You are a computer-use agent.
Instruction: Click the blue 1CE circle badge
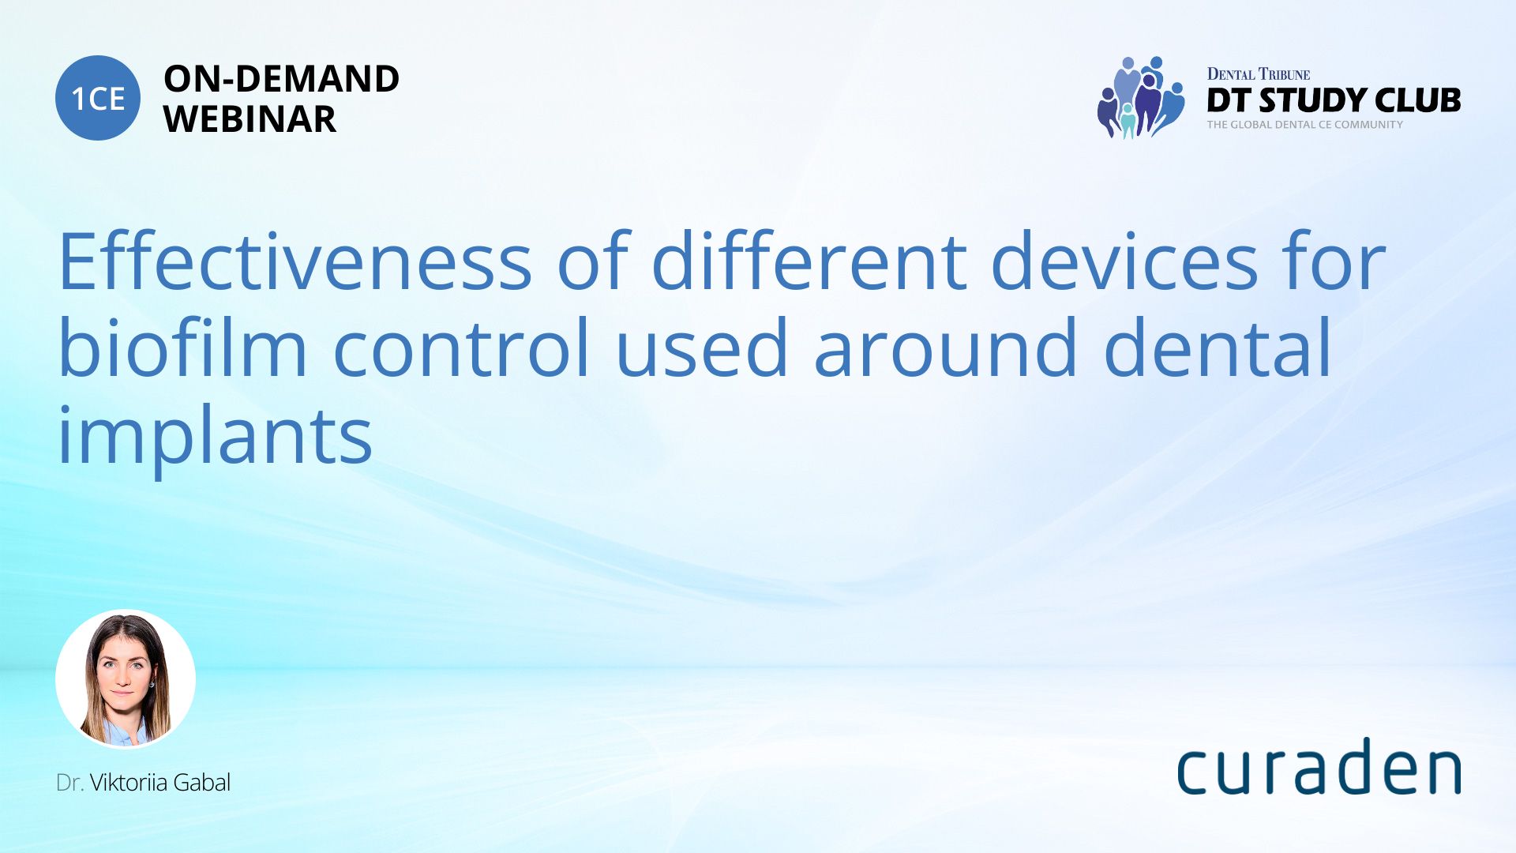(x=98, y=98)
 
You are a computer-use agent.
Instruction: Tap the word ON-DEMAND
(x=281, y=79)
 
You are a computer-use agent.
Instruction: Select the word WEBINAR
(x=250, y=119)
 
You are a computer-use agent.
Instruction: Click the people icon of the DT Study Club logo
(x=1140, y=97)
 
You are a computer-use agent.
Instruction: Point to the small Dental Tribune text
(x=1258, y=74)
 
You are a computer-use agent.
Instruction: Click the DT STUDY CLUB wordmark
(x=1334, y=100)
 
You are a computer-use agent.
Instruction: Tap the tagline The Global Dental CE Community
(x=1304, y=124)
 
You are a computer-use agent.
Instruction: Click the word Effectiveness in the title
(x=295, y=261)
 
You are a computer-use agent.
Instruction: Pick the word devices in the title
(x=1124, y=261)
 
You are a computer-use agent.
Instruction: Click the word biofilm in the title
(x=182, y=348)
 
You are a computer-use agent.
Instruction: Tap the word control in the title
(x=462, y=348)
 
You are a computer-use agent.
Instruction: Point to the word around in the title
(x=946, y=348)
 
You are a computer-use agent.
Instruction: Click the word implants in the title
(x=215, y=436)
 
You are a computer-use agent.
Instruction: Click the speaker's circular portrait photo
(x=126, y=679)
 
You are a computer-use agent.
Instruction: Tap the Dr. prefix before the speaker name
(x=69, y=783)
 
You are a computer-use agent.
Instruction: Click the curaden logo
(x=1319, y=766)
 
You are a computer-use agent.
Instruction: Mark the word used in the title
(x=702, y=348)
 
